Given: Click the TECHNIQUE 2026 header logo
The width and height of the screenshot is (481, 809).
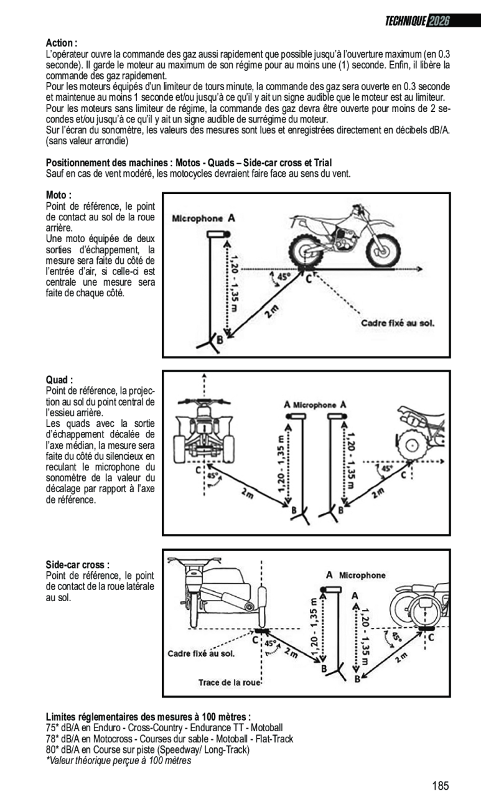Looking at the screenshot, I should tap(417, 22).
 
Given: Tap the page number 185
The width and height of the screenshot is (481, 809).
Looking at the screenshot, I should tap(440, 786).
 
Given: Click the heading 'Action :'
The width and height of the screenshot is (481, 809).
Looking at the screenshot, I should tap(62, 43).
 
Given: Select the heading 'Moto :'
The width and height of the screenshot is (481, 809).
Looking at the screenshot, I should tap(59, 195).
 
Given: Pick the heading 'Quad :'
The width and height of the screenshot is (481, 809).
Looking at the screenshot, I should tap(60, 380).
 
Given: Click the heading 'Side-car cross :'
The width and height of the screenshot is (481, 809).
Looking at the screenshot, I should tap(78, 564).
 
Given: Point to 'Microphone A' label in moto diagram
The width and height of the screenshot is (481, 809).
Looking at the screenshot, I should tap(203, 218).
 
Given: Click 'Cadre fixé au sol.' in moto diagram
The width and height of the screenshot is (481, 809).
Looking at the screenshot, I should tap(398, 323).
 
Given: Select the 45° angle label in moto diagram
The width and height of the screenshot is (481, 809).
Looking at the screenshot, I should tap(283, 275).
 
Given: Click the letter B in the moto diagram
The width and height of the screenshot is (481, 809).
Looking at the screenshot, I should tap(219, 340).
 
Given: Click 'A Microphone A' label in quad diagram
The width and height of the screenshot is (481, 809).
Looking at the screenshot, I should tap(315, 404).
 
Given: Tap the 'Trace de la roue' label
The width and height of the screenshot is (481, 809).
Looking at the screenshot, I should tap(229, 681).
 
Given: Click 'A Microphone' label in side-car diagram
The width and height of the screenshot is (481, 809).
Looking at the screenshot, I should tap(355, 575).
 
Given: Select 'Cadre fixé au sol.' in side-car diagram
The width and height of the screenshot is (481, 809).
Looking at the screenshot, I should tap(201, 653).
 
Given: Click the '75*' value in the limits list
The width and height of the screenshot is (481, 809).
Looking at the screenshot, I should tap(53, 727).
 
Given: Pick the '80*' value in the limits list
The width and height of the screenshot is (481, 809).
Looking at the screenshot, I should tap(53, 749).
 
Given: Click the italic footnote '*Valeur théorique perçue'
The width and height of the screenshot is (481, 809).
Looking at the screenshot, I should tap(118, 760).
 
